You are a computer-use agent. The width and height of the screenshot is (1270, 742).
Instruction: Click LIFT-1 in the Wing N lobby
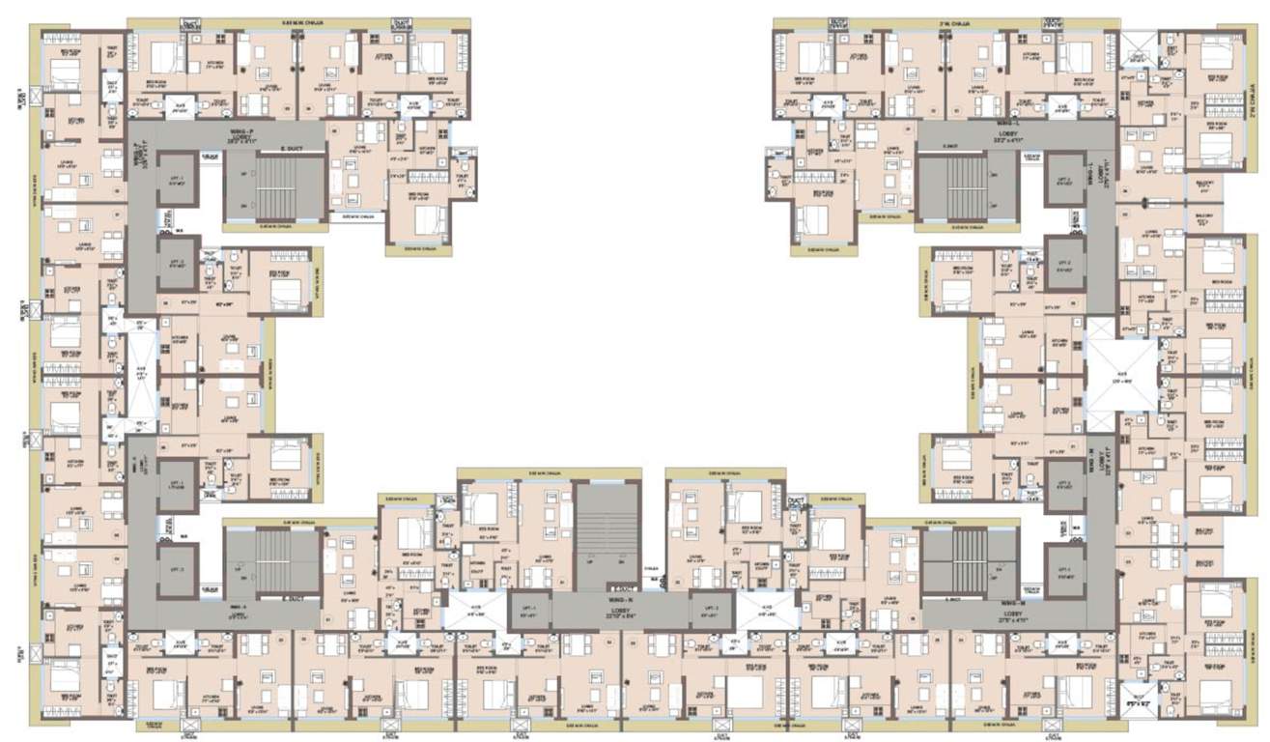click(529, 611)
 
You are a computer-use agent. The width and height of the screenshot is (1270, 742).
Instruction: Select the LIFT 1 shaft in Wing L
click(1063, 180)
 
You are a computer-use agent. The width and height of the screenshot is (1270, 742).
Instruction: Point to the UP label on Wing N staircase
click(591, 560)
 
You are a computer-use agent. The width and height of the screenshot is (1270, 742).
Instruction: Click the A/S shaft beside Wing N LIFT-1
click(474, 611)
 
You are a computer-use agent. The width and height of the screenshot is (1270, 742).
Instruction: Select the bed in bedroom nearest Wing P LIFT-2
click(285, 289)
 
